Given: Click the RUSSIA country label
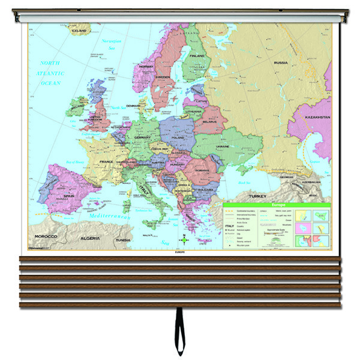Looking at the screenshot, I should point(281,62).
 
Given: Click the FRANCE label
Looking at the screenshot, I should point(106,161).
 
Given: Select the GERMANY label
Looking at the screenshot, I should point(142,137).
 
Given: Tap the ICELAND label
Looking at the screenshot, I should point(79,30).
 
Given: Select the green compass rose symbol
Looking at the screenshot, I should point(185,241).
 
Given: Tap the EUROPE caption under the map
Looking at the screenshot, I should point(179,253).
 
